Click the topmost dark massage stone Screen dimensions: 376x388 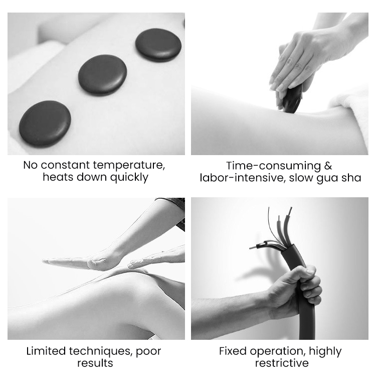tap(158, 45)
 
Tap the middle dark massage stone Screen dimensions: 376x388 tap(102, 75)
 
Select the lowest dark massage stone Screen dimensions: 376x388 tap(45, 124)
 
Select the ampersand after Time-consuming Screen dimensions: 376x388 tap(328, 166)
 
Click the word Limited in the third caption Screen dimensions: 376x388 tap(46, 351)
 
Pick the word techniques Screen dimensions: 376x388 tap(101, 351)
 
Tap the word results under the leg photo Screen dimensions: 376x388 tap(95, 363)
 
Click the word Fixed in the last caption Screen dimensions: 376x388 tap(233, 351)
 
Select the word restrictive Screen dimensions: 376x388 tap(282, 363)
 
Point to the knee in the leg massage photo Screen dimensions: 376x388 tap(133, 285)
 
